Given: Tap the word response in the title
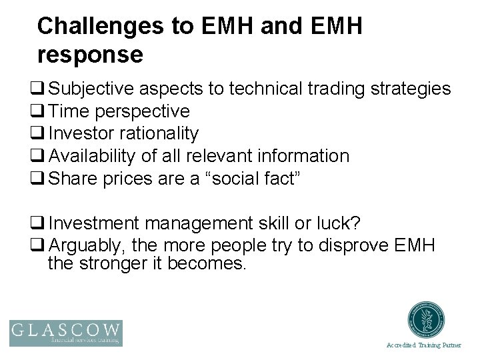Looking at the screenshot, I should coord(91,55).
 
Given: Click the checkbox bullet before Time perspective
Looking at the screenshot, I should coord(42,111).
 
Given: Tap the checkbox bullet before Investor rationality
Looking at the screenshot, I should coord(42,134).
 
